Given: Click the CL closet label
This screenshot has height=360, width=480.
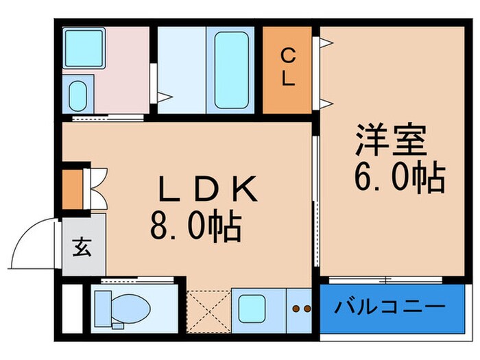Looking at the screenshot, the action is click(287, 68).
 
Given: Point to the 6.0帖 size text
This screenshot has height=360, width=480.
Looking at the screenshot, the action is click(400, 178).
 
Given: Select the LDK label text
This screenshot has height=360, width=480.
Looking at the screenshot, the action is click(207, 189).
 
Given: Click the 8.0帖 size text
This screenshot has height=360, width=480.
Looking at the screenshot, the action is click(196, 225).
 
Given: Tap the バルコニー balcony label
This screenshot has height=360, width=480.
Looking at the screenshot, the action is click(389, 306).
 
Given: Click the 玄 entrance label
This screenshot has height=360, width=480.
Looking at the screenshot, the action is click(82, 247).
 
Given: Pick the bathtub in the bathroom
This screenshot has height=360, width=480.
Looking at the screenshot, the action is click(231, 70).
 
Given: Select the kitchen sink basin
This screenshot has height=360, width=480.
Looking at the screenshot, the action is click(252, 309).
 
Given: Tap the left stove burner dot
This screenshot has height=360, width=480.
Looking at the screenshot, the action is click(296, 309).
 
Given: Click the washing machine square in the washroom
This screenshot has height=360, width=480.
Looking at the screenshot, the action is click(84, 48).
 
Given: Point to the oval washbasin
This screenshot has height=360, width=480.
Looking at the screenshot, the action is click(77, 96).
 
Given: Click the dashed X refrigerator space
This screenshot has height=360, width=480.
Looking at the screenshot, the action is click(208, 311).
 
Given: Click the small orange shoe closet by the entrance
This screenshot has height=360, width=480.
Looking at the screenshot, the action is click(73, 189).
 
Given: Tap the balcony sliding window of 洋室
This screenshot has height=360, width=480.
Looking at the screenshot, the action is click(385, 280).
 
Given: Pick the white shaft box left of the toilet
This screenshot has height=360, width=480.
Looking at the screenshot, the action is click(73, 309).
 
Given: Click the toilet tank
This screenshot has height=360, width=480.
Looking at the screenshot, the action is click(103, 309).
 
